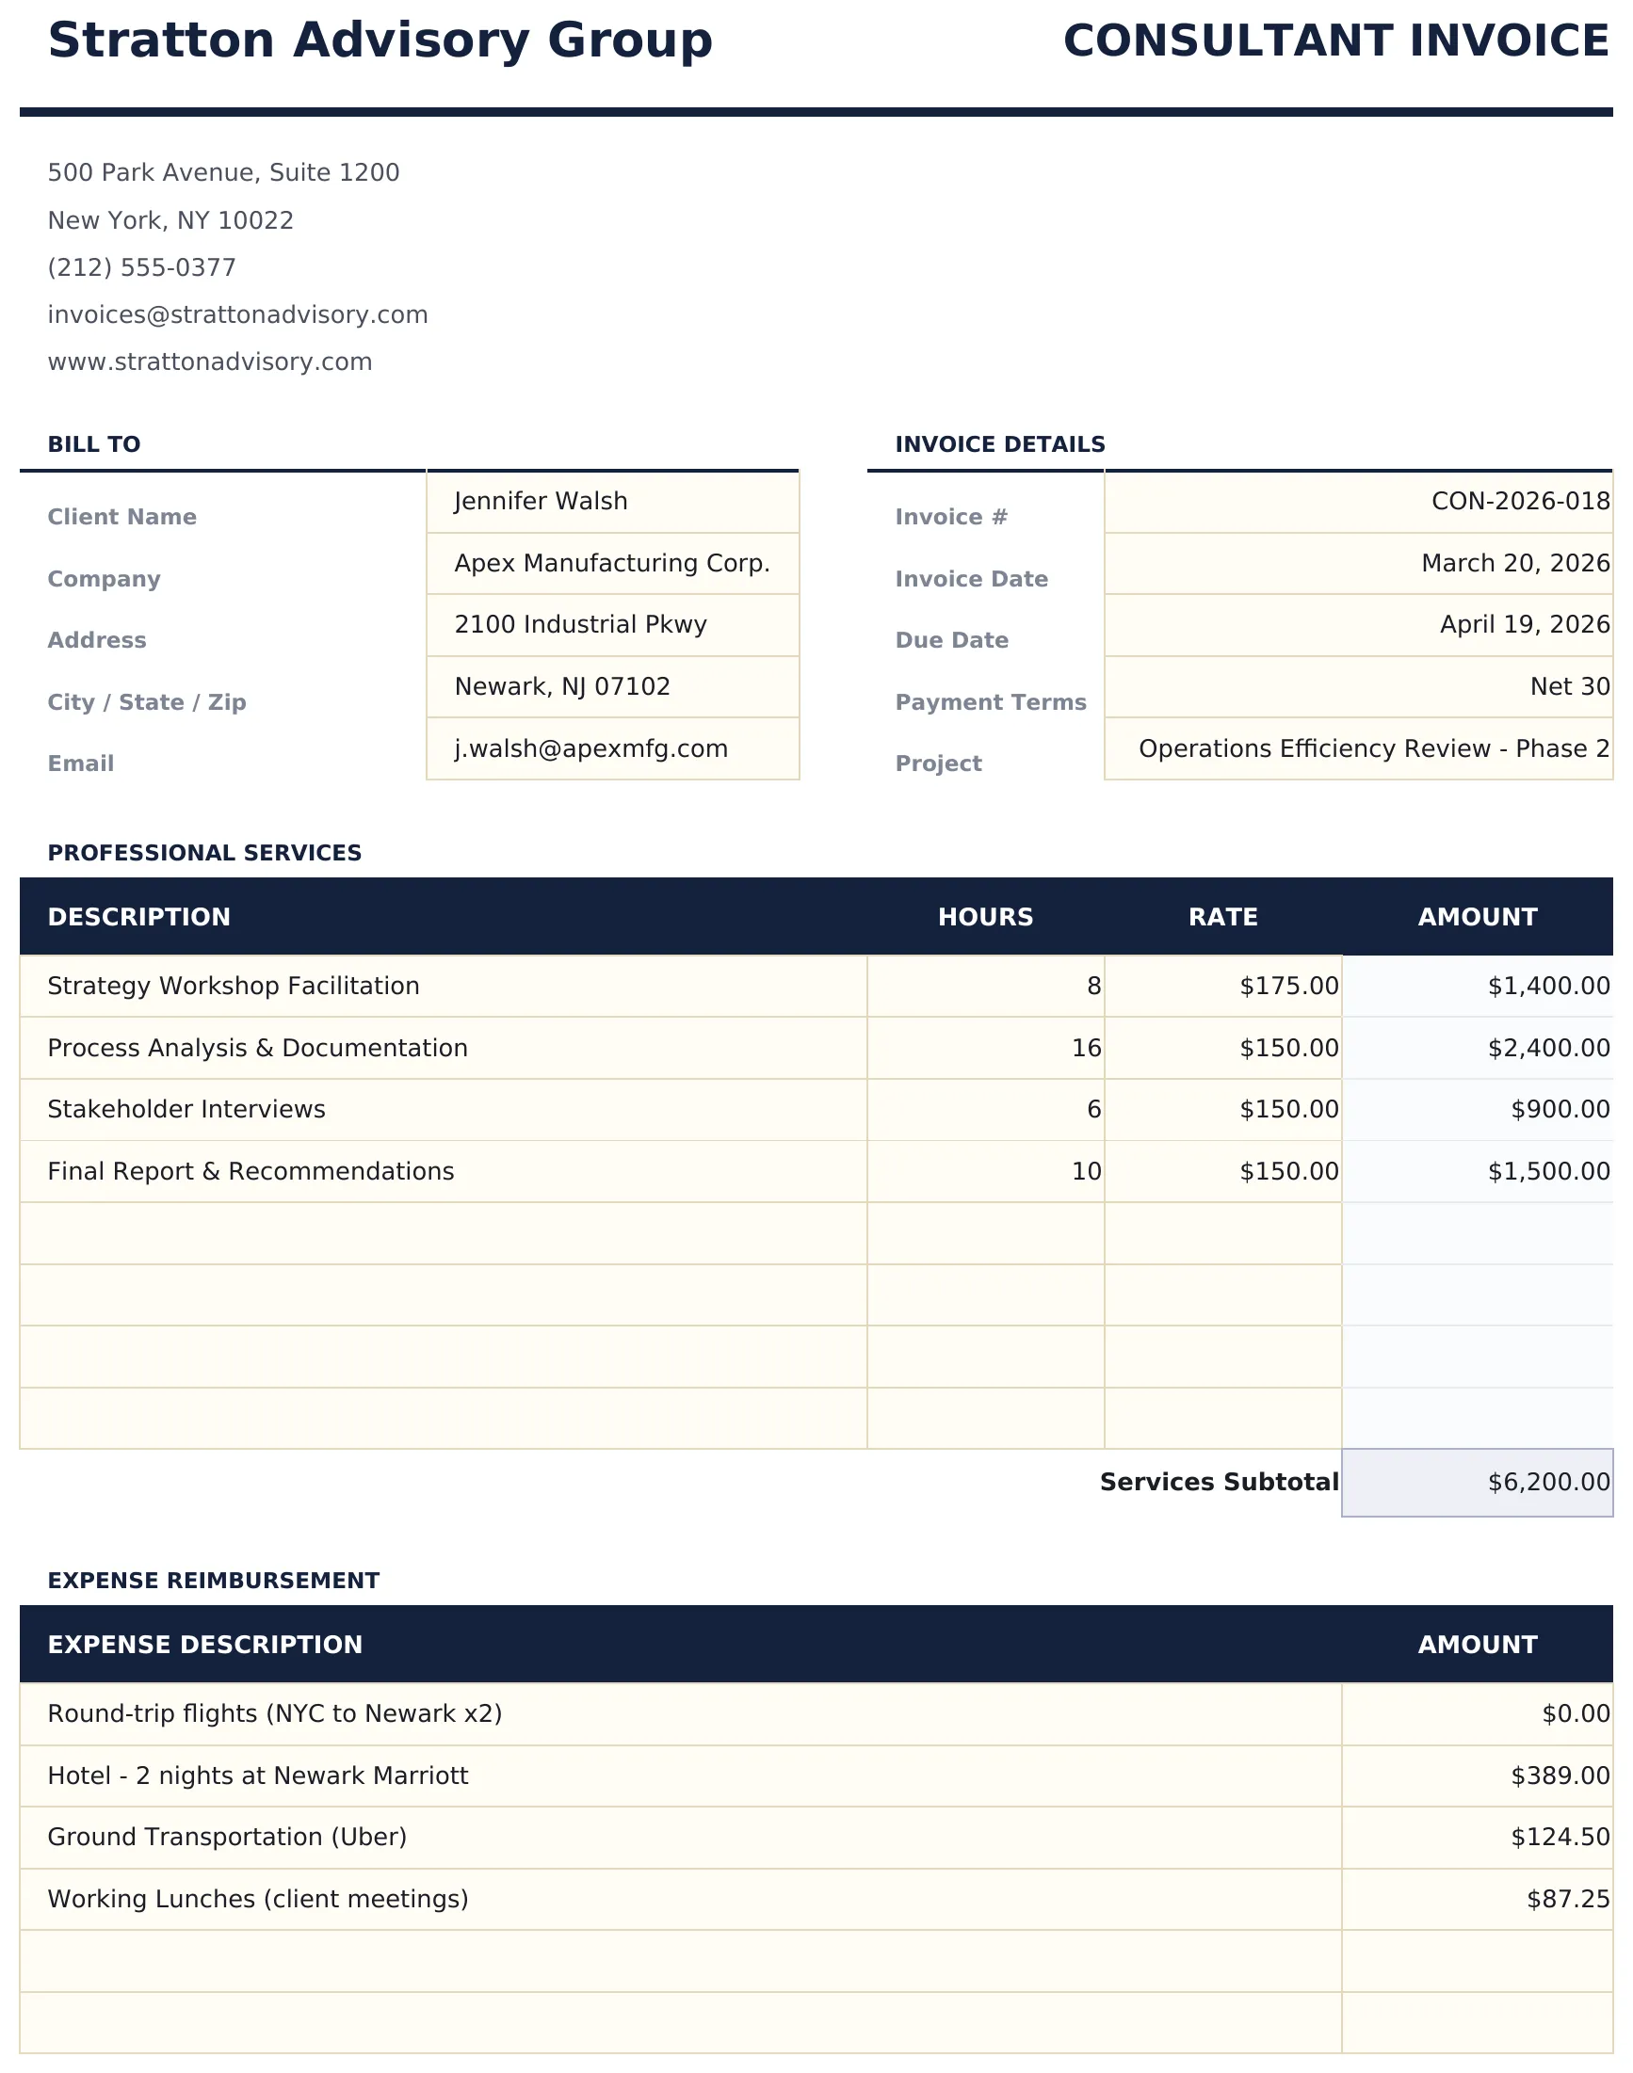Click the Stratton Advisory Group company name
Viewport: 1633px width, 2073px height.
(x=380, y=41)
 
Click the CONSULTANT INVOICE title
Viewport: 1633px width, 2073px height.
(x=1335, y=41)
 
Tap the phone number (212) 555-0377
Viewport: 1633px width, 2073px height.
(x=141, y=267)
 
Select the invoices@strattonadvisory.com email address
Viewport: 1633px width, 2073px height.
(x=237, y=314)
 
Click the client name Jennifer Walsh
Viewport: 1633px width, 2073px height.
(x=541, y=501)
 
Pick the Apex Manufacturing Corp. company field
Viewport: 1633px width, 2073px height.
(x=612, y=563)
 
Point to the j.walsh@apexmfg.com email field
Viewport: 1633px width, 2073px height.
(x=590, y=748)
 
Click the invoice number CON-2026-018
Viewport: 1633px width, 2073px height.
(x=1519, y=501)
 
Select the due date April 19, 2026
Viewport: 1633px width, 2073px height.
(x=1524, y=624)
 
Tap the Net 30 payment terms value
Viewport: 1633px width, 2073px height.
(x=1569, y=686)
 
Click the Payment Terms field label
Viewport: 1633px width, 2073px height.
(x=991, y=702)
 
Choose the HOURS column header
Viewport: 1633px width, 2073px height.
(x=986, y=917)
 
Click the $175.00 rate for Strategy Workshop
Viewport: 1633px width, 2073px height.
(x=1288, y=986)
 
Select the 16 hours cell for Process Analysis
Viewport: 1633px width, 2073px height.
(x=1086, y=1048)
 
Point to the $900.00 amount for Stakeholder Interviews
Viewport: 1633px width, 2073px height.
(x=1560, y=1109)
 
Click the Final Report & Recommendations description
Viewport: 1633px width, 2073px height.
(x=251, y=1171)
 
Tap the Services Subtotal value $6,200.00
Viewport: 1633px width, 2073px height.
(x=1548, y=1482)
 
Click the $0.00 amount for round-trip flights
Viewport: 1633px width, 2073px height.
(x=1575, y=1713)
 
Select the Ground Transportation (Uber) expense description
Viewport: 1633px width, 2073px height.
(x=227, y=1837)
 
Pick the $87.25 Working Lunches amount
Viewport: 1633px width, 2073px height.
(x=1567, y=1899)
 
